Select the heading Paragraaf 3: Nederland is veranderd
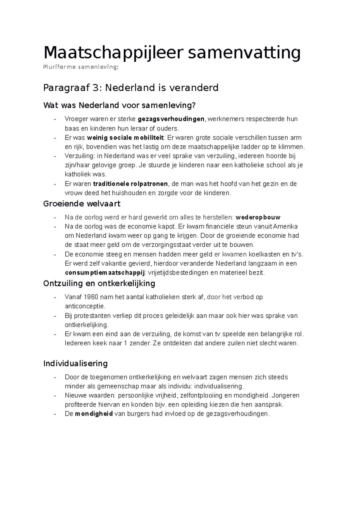pyautogui.click(x=131, y=88)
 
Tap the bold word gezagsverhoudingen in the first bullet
pyautogui.click(x=171, y=119)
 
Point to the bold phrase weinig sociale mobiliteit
pyautogui.click(x=125, y=138)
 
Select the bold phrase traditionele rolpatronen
pyautogui.click(x=131, y=184)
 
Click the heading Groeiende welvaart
pyautogui.click(x=82, y=204)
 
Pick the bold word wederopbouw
pyautogui.click(x=258, y=217)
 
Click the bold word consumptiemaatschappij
pyautogui.click(x=105, y=273)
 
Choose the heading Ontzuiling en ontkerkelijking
pyautogui.click(x=99, y=283)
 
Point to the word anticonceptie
pyautogui.click(x=85, y=306)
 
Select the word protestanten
pyautogui.click(x=92, y=316)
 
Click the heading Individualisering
pyautogui.click(x=75, y=364)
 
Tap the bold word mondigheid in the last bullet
pyautogui.click(x=94, y=414)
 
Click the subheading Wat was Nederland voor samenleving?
pyautogui.click(x=119, y=105)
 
